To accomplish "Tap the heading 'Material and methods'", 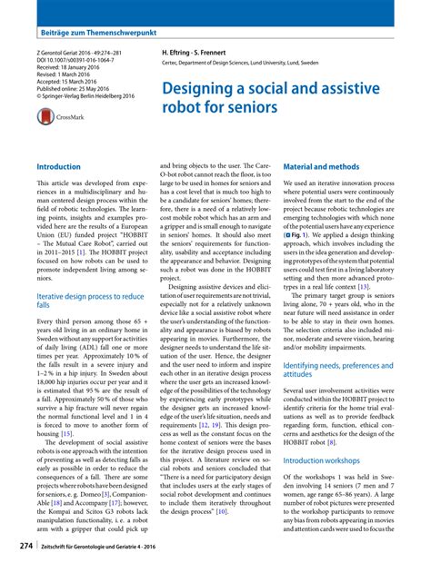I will (321, 168).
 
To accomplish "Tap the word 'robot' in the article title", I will (183, 109).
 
